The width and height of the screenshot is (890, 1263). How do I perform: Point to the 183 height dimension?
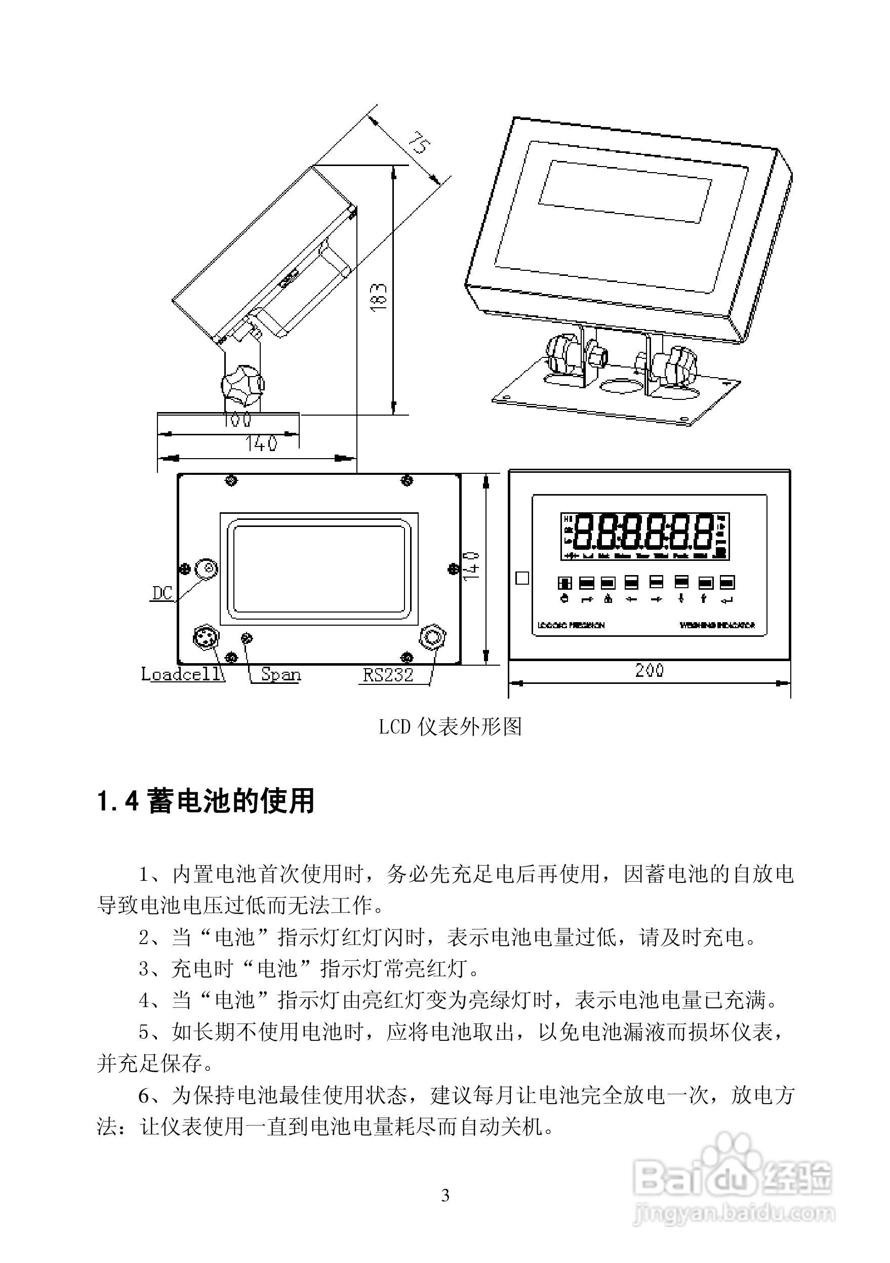tap(379, 298)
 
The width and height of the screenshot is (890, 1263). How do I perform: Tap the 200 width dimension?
tap(650, 670)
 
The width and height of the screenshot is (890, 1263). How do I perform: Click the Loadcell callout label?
tap(182, 674)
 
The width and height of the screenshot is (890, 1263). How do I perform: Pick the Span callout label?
tap(280, 674)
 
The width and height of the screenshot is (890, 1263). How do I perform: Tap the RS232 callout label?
tap(388, 675)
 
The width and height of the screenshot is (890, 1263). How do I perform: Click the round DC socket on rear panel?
tap(208, 568)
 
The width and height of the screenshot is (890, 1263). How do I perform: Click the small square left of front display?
tap(522, 578)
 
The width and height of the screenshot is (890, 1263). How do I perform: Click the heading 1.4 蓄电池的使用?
tap(206, 801)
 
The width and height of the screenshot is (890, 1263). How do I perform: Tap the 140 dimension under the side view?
tap(261, 443)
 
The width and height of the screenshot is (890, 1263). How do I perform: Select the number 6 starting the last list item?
tap(144, 1095)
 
